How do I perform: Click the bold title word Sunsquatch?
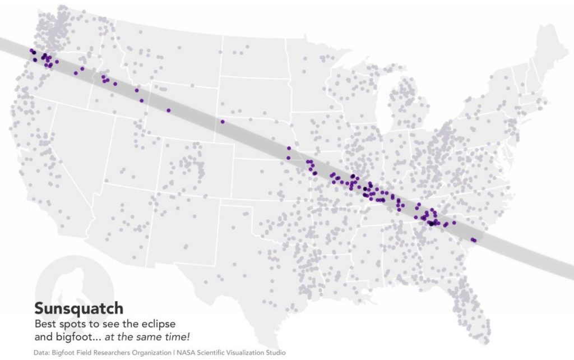[78, 309]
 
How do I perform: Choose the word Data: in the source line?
[43, 353]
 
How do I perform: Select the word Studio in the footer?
[275, 353]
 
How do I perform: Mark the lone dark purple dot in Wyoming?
[168, 110]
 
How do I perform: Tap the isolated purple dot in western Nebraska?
[223, 122]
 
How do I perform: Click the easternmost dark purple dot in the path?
[474, 241]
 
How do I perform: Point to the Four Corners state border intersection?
[162, 195]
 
